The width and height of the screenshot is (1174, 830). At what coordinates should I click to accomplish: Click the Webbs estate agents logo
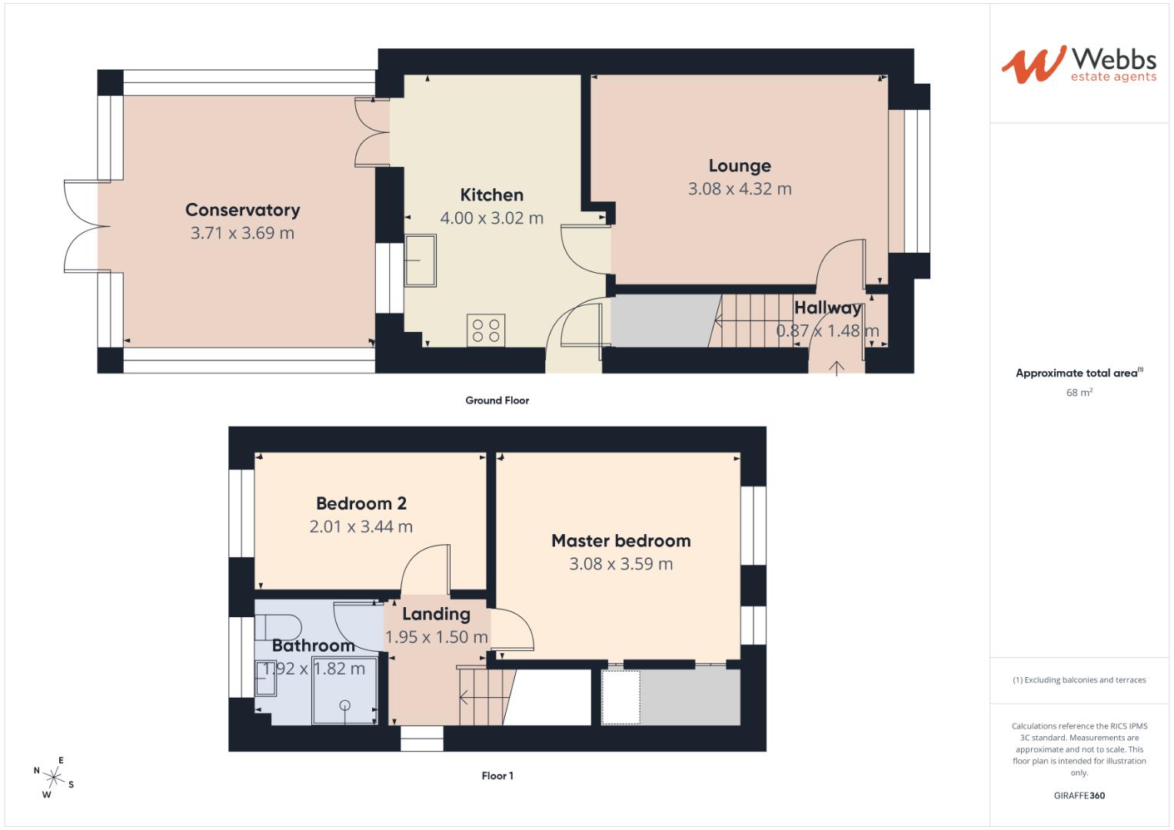click(1079, 65)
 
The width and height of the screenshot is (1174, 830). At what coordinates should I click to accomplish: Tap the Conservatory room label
click(242, 210)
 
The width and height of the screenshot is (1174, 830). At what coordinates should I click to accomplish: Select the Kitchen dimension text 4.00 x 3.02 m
click(491, 218)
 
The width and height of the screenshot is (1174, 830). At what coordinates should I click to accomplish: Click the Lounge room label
click(739, 166)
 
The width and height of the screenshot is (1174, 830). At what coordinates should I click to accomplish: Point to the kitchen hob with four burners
click(486, 330)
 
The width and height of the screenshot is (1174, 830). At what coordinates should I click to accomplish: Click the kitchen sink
click(421, 261)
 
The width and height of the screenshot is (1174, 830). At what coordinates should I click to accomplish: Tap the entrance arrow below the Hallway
click(836, 367)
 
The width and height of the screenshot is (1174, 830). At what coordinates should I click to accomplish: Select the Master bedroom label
click(620, 541)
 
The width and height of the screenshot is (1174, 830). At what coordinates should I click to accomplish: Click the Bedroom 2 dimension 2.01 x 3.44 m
click(361, 527)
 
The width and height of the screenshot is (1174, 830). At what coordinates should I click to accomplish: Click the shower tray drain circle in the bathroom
click(345, 705)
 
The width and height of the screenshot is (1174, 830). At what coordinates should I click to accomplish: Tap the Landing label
click(436, 614)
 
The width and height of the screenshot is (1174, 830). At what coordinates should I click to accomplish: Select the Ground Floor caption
click(497, 400)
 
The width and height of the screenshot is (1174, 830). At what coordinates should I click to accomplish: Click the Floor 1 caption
click(497, 776)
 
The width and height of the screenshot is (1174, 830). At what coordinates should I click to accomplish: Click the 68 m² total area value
click(1079, 393)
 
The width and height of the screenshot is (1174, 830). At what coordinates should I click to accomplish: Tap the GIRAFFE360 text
click(1079, 796)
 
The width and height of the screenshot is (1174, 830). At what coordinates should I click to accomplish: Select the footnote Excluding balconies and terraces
click(1079, 680)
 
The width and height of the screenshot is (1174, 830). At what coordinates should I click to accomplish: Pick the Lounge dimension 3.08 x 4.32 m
click(739, 189)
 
